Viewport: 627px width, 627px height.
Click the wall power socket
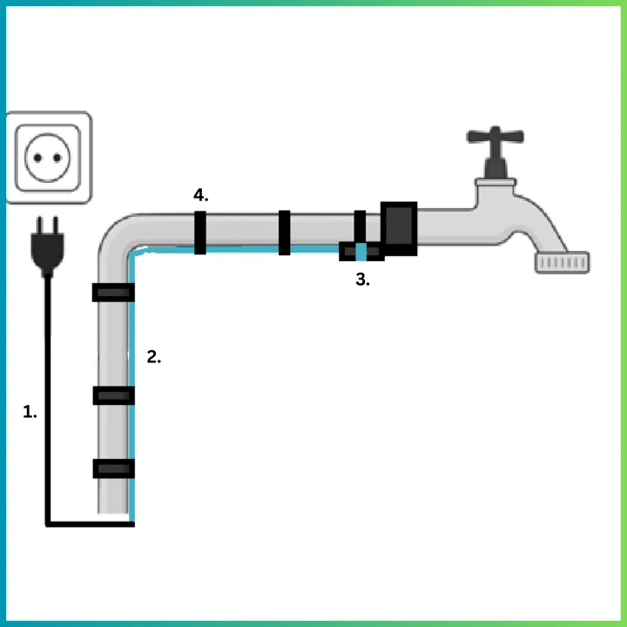click(49, 158)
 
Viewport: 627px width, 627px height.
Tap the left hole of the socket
click(37, 158)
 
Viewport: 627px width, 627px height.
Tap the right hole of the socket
click(59, 158)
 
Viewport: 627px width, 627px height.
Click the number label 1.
click(30, 412)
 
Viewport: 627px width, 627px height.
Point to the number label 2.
click(153, 356)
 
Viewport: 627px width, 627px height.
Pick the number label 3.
click(363, 280)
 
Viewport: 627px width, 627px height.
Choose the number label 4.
click(200, 195)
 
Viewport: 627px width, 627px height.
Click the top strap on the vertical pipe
click(113, 293)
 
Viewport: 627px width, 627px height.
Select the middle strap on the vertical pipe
click(113, 395)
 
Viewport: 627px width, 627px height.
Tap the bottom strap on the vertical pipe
click(113, 469)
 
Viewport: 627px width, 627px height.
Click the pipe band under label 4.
click(200, 232)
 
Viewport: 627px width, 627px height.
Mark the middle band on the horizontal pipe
click(284, 232)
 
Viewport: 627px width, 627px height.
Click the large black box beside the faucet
click(400, 229)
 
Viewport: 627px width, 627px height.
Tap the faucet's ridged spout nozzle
click(562, 261)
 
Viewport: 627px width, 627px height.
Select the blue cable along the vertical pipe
click(131, 392)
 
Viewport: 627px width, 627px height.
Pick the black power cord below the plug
click(46, 392)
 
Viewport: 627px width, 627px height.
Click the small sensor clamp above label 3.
click(361, 252)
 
